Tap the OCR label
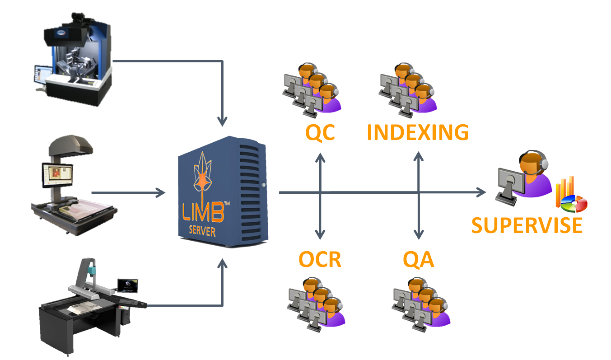[320, 260]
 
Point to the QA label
[418, 260]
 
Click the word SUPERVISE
[527, 224]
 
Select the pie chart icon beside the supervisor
[574, 203]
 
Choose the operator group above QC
[312, 88]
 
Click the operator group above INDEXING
[408, 88]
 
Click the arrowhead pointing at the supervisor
[480, 193]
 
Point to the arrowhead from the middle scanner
[161, 193]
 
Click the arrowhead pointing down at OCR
[320, 235]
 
